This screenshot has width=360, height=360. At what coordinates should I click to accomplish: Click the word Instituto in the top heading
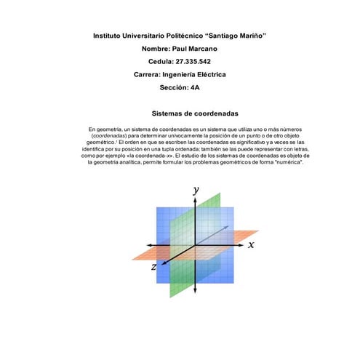tap(108, 36)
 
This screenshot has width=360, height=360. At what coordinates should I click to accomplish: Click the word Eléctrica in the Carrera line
tap(207, 75)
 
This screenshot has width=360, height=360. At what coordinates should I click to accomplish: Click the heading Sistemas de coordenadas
tap(195, 114)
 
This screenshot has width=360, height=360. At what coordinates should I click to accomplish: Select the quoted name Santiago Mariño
tap(237, 36)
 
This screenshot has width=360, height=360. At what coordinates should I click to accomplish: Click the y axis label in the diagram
tap(195, 190)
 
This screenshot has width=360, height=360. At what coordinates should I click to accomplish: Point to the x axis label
tap(251, 245)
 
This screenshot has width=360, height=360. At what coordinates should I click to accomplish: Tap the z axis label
tap(153, 268)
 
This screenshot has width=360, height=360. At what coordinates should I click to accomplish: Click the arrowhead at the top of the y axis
tap(195, 199)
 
